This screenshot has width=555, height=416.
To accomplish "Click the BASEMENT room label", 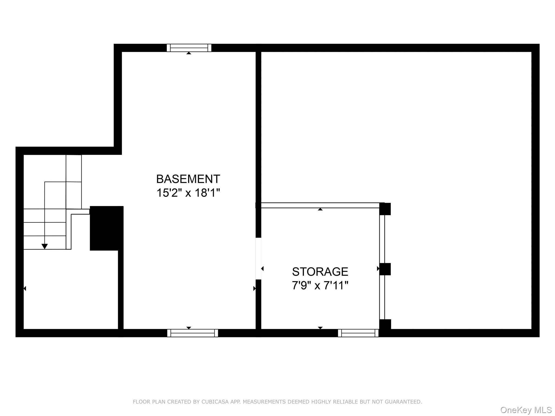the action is (188, 179).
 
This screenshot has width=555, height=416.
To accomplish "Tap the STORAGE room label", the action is (320, 272).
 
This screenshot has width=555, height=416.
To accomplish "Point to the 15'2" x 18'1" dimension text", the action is (188, 193).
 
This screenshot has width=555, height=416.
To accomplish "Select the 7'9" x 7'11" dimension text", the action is (320, 285).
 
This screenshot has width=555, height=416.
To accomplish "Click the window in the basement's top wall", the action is (189, 48).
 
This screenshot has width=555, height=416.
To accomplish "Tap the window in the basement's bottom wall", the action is (193, 333).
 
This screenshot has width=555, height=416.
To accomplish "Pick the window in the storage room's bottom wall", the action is (358, 333).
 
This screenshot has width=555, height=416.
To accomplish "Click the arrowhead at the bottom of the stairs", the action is (44, 246).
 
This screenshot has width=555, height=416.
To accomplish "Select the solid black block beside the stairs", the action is (107, 228).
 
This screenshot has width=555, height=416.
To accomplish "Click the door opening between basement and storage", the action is (259, 259).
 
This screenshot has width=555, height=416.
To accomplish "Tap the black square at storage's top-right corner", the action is (385, 209).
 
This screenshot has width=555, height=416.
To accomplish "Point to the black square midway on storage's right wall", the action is (385, 269).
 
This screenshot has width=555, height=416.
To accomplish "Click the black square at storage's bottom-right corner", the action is (385, 325).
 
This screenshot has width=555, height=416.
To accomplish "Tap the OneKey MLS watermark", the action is (526, 410).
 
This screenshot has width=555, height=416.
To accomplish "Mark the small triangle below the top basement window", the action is (189, 53).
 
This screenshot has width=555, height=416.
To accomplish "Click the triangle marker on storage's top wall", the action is (320, 209).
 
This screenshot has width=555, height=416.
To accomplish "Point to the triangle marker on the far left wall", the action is (25, 288).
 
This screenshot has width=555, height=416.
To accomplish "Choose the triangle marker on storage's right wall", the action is (378, 269).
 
